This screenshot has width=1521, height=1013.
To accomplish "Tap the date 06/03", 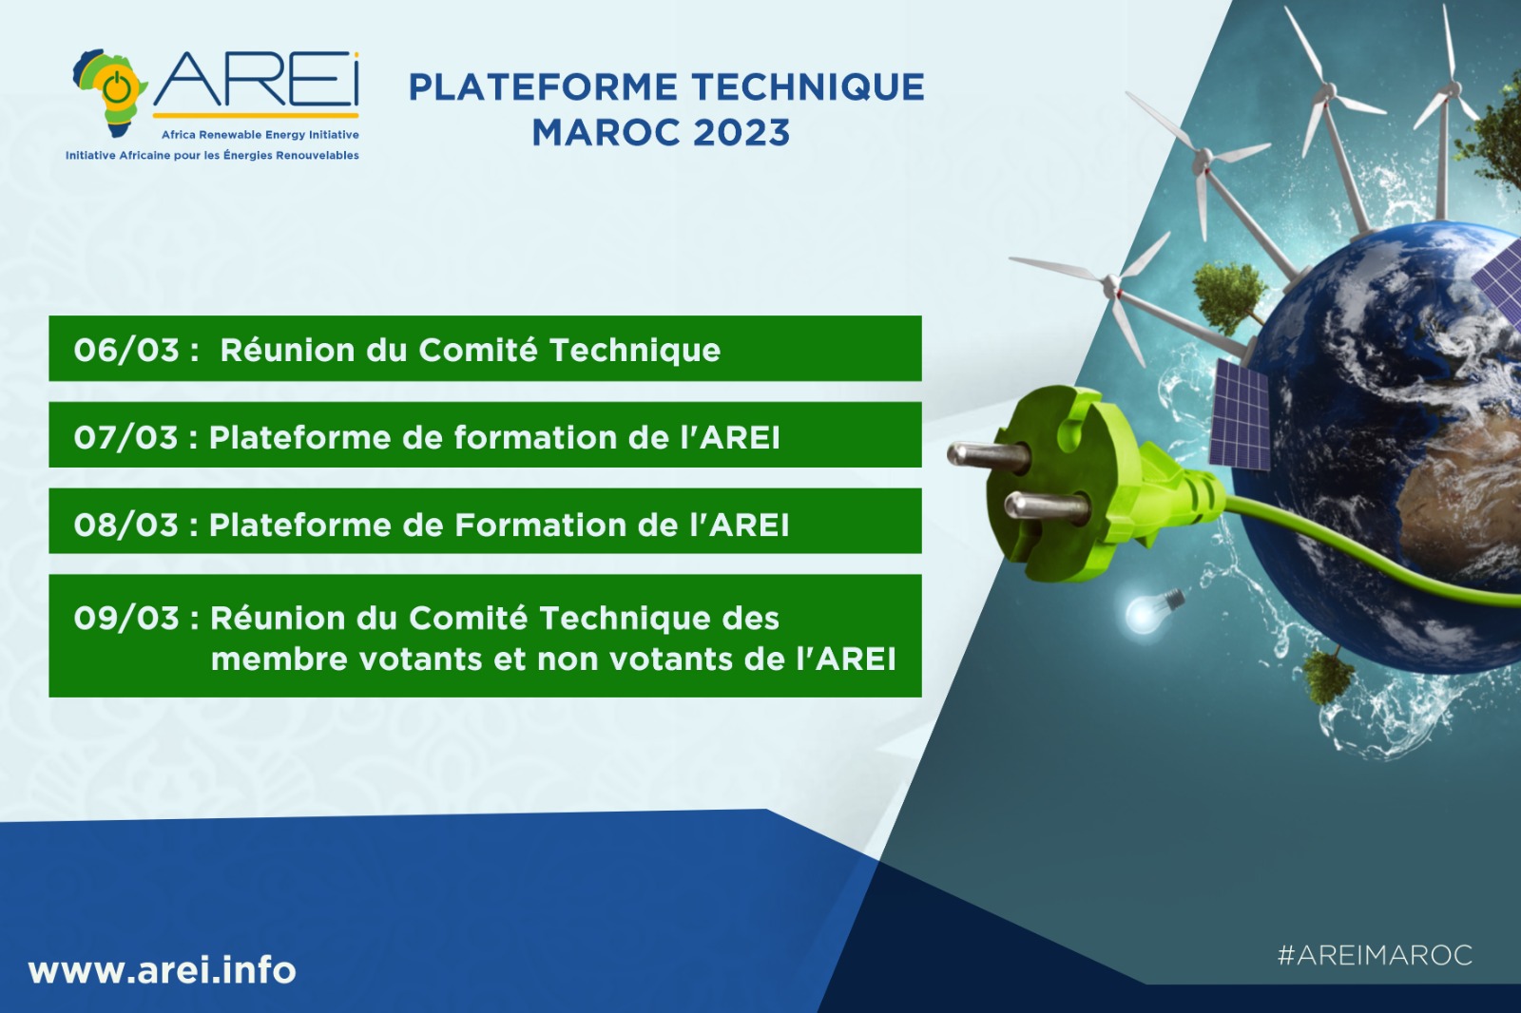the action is pos(126,351).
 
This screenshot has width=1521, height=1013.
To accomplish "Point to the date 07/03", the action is pos(126,437).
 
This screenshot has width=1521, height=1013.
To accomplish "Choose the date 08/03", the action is pos(126,525).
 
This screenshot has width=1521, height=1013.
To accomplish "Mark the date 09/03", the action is pos(126,618).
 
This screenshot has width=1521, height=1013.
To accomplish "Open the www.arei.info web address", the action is pos(163,970).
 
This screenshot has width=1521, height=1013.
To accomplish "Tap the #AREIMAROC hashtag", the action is pos(1375,955).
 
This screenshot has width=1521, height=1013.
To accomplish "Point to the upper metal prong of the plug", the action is pos(988,455).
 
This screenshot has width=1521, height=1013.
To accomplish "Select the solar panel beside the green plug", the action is pos(1240,415).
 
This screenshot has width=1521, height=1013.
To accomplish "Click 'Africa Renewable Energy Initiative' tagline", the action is pos(260,135).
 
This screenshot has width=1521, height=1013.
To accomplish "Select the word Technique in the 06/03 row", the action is pos(635,351).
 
